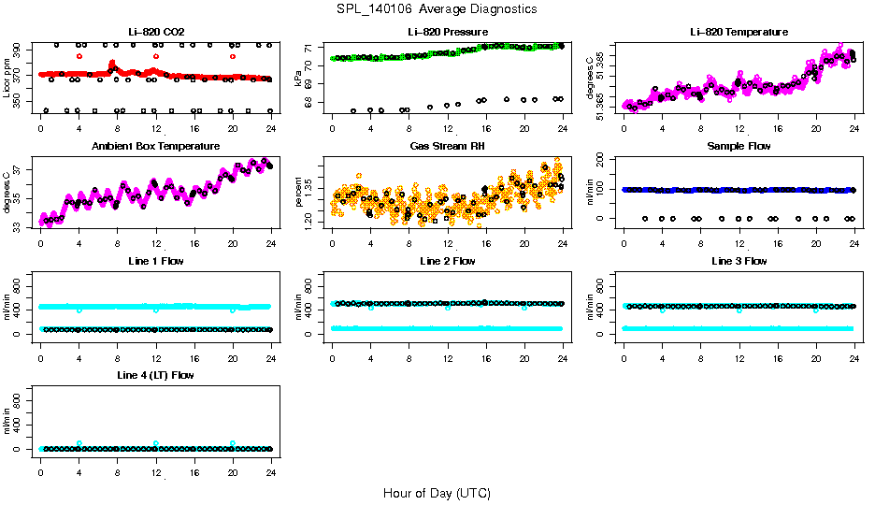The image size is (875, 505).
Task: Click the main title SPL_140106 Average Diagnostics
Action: click(437, 9)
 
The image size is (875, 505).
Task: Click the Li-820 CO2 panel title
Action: click(154, 32)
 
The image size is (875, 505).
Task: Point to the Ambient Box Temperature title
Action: click(155, 147)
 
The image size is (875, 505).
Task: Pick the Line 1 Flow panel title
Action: click(155, 261)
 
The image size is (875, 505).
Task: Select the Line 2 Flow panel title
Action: click(447, 261)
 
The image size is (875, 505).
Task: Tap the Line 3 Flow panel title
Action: click(739, 261)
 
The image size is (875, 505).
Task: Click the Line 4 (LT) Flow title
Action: click(155, 375)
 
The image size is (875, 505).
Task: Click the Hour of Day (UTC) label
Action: click(437, 493)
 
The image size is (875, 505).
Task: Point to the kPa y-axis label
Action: click(298, 78)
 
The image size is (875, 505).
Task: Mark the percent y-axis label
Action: click(298, 192)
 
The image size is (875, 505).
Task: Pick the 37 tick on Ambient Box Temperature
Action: click(20, 169)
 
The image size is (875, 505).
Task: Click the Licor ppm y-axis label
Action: click(7, 78)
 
